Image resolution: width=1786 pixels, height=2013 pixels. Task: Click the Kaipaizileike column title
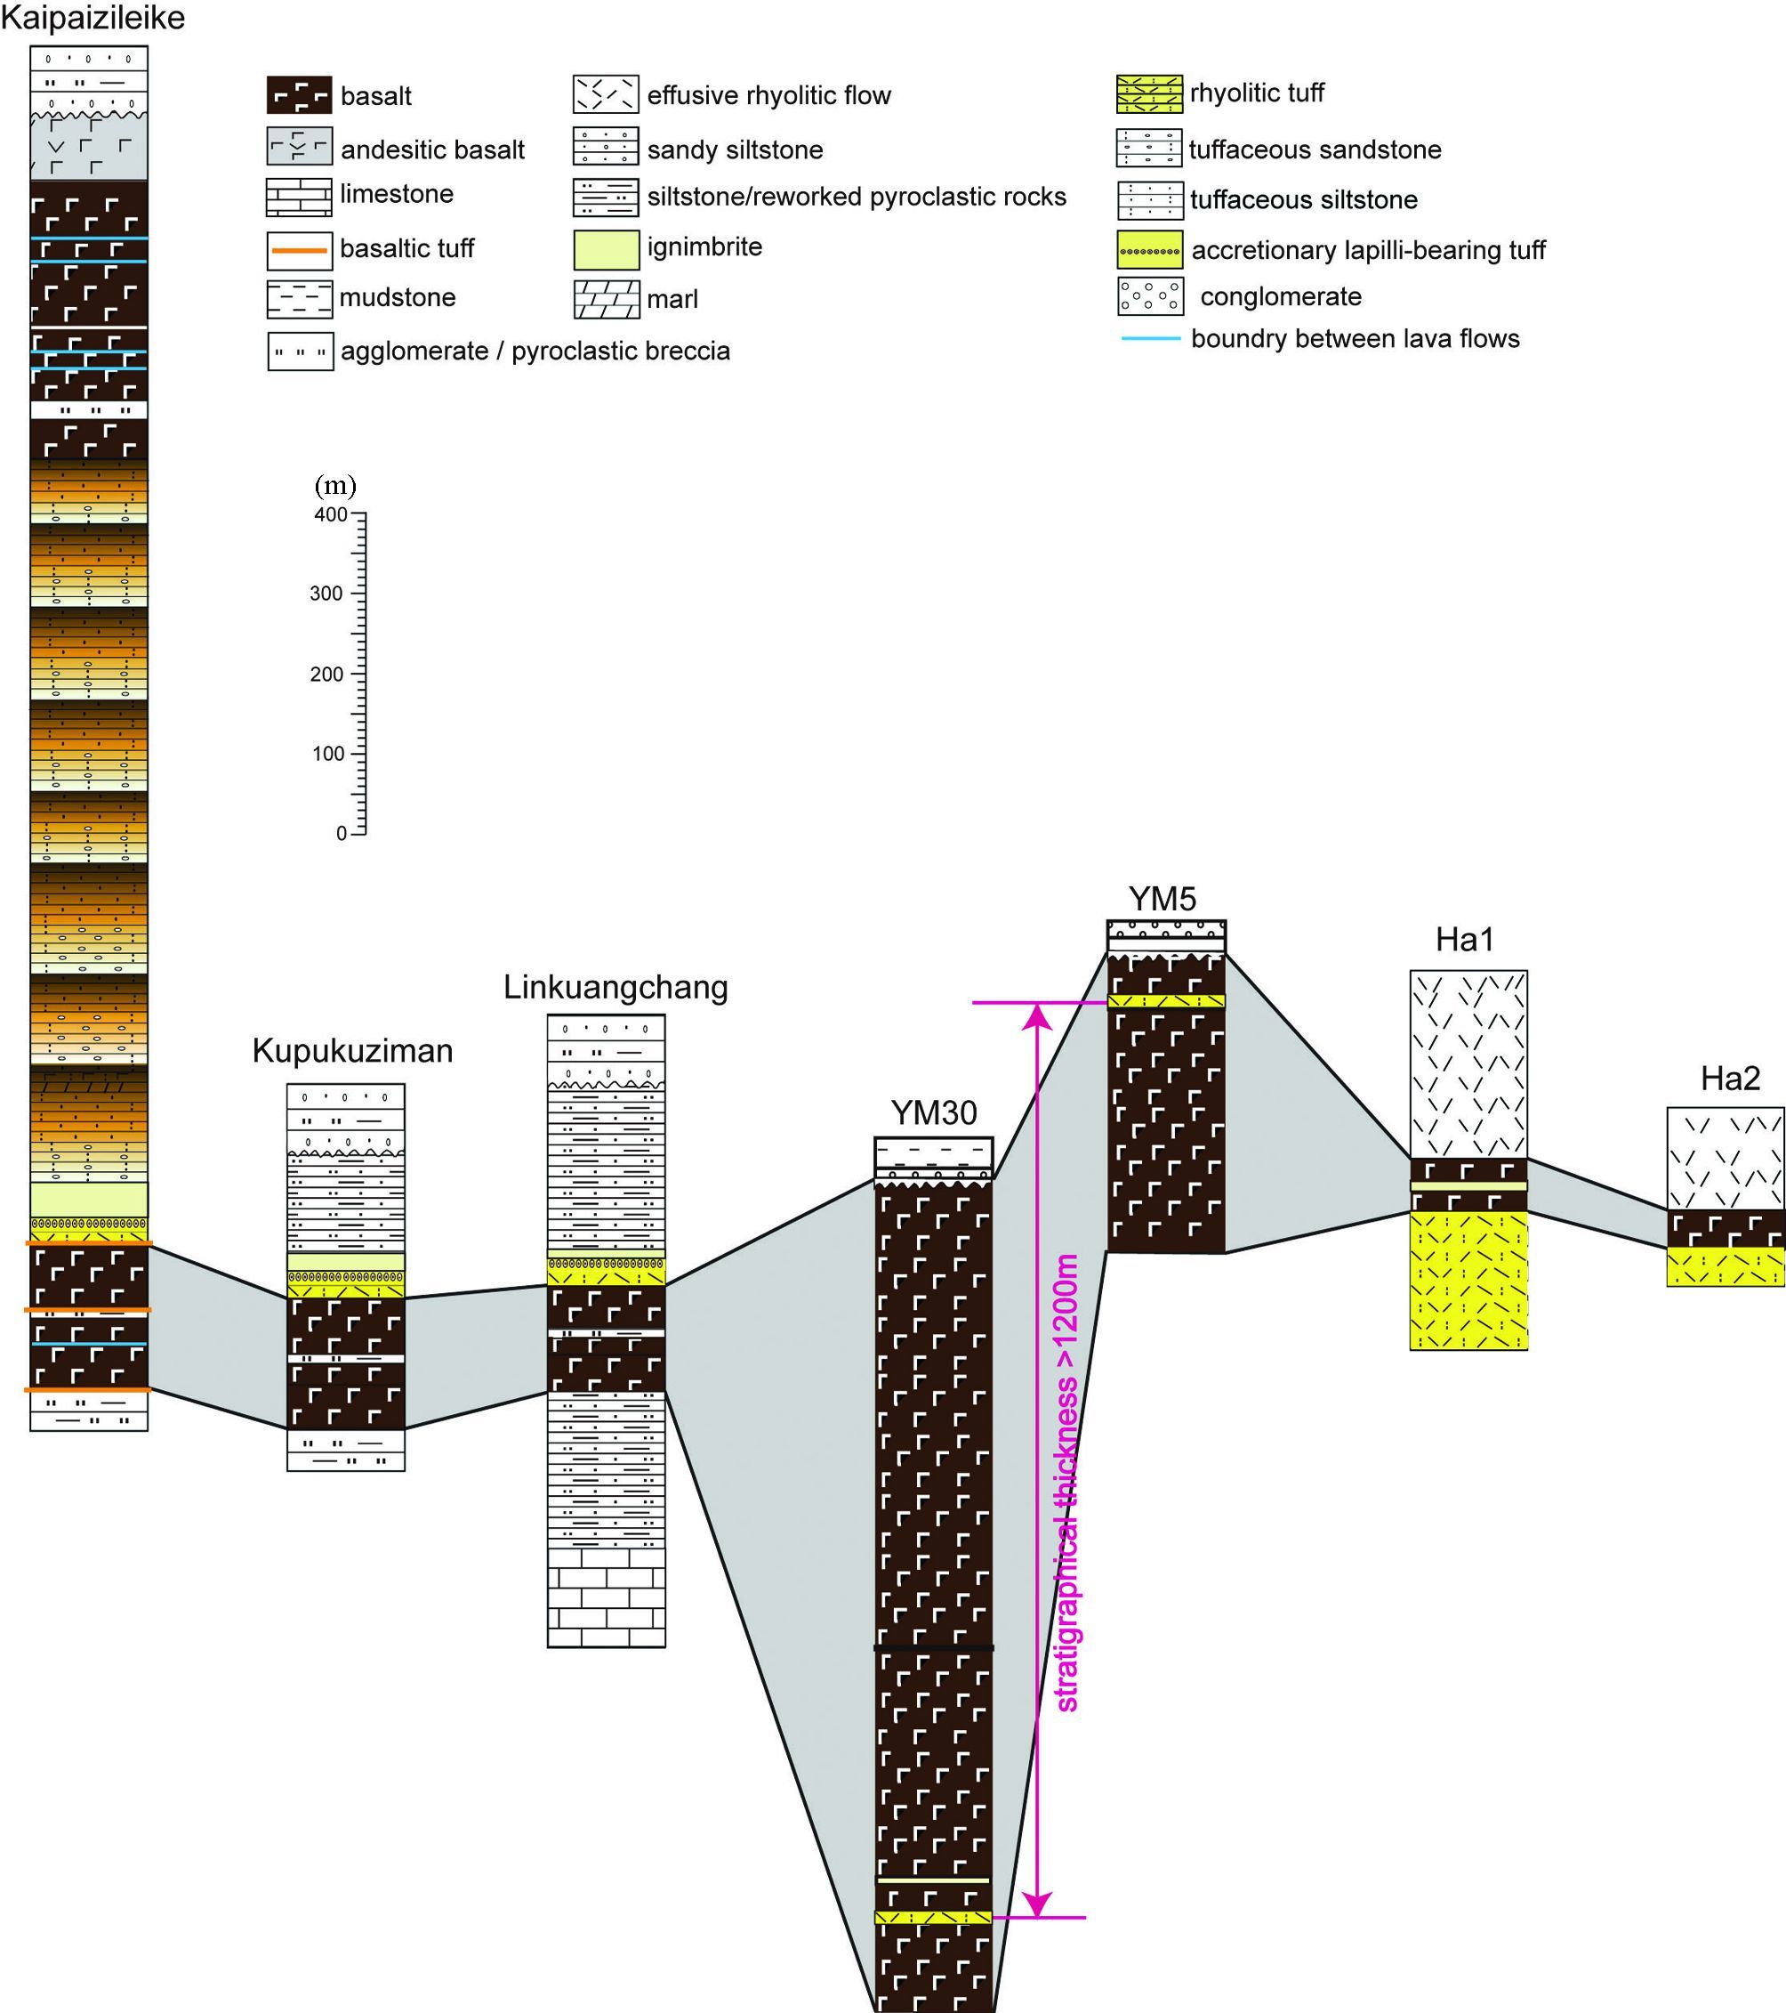coord(93,19)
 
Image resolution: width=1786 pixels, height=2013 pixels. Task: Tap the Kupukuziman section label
coord(352,1051)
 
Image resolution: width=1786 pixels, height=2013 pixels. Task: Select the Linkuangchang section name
coord(615,987)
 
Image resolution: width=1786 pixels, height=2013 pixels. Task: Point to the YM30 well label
coord(933,1113)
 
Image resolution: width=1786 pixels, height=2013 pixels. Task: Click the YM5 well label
coord(1162,899)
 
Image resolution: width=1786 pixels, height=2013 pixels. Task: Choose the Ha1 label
coord(1464,940)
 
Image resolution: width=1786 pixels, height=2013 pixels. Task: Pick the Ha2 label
coord(1730,1079)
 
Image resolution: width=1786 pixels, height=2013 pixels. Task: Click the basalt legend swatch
coord(300,95)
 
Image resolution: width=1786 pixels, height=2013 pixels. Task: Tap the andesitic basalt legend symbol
coord(300,148)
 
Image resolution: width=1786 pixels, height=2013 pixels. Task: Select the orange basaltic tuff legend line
coord(300,250)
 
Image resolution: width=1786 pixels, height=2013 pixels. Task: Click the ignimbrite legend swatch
coord(607,247)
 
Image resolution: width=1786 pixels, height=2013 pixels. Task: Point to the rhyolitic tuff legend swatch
coord(1149,93)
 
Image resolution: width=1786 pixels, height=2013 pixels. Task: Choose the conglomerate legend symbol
coord(1149,296)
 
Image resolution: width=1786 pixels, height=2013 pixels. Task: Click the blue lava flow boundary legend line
coord(1150,339)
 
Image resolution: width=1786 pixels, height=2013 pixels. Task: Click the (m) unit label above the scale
coord(334,486)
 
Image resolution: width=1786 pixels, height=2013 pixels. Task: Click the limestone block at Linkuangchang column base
coord(606,1597)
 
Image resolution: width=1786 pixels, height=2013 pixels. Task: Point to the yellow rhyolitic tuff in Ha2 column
coord(1725,1266)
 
